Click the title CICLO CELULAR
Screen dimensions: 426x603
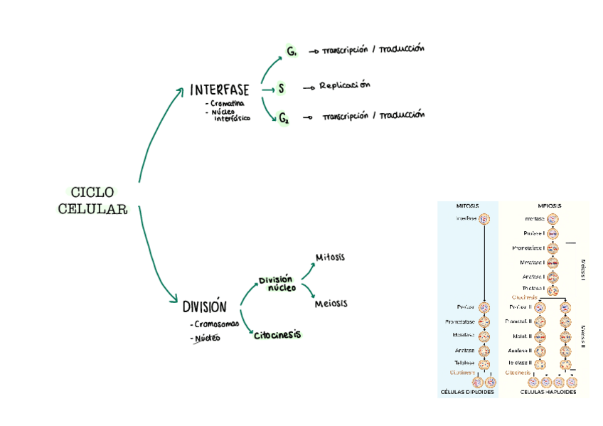pyautogui.click(x=92, y=201)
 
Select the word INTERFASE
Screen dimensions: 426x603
pyautogui.click(x=220, y=90)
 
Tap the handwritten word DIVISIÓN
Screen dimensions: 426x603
pyautogui.click(x=205, y=307)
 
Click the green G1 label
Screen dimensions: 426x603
pyautogui.click(x=292, y=51)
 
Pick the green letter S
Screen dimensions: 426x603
pyautogui.click(x=282, y=89)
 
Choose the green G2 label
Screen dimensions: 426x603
pyautogui.click(x=284, y=118)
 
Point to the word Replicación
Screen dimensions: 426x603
pyautogui.click(x=345, y=86)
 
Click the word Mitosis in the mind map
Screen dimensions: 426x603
pyautogui.click(x=330, y=257)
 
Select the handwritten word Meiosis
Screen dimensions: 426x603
pyautogui.click(x=331, y=304)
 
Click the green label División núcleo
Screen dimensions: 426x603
pyautogui.click(x=276, y=284)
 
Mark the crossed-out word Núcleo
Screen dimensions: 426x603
pyautogui.click(x=207, y=338)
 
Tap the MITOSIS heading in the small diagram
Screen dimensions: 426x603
pyautogui.click(x=467, y=206)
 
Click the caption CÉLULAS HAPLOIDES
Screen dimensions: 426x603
pyautogui.click(x=548, y=392)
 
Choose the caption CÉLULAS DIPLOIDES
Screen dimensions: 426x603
pyautogui.click(x=467, y=392)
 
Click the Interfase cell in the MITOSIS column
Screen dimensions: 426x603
pyautogui.click(x=484, y=219)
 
